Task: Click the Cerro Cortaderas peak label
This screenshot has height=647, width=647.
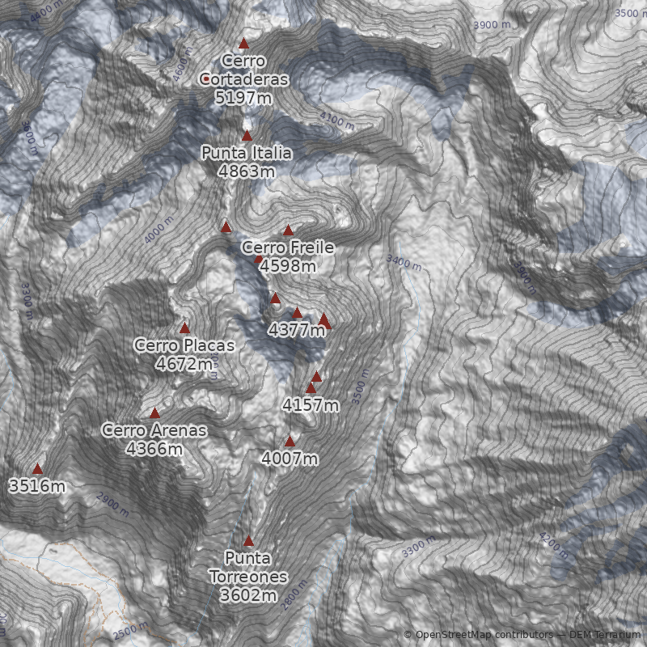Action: pos(244,70)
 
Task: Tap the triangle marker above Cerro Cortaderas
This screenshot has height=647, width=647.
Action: pos(244,44)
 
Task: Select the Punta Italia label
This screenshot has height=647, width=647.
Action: pos(247,153)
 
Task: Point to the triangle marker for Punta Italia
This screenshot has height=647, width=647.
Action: pos(247,136)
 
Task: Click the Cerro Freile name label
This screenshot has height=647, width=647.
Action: pos(288,247)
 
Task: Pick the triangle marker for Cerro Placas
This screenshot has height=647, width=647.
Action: pos(184,328)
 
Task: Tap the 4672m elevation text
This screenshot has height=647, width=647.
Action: pos(184,364)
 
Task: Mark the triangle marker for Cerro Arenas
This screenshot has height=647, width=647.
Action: pos(154,413)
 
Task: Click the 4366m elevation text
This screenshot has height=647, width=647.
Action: pos(154,448)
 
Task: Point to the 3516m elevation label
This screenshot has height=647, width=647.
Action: pos(37,486)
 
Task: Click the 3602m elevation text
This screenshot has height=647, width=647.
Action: pos(248,595)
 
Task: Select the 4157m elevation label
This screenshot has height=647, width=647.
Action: pos(311,405)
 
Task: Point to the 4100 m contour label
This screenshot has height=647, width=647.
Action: pos(336,121)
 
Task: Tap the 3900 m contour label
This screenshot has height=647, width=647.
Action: pos(492,25)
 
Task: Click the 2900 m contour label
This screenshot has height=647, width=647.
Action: pos(112,503)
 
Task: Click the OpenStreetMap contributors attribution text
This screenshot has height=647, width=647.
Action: pos(484,635)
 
